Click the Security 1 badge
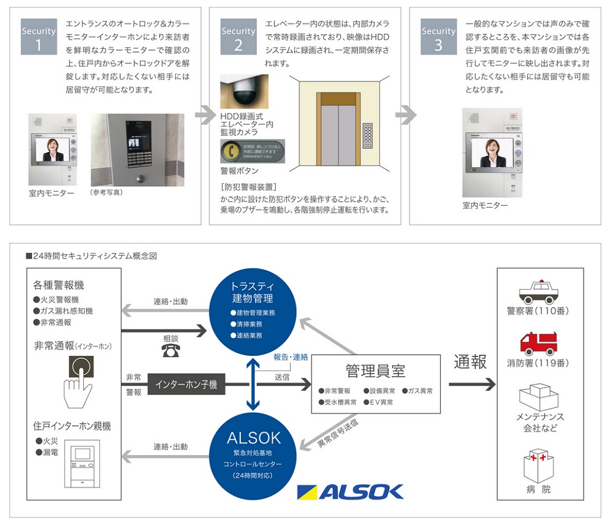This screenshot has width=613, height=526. (37, 38)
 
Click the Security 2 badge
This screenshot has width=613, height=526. (238, 38)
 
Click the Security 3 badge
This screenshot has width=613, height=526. (438, 38)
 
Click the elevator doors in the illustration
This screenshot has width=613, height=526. (338, 129)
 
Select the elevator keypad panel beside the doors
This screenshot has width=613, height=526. (369, 135)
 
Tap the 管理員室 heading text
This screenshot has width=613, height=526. (376, 371)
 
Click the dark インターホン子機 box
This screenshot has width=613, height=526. (186, 385)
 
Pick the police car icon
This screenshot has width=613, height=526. (539, 290)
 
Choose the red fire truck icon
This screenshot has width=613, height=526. (539, 342)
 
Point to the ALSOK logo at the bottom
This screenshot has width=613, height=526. (350, 491)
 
